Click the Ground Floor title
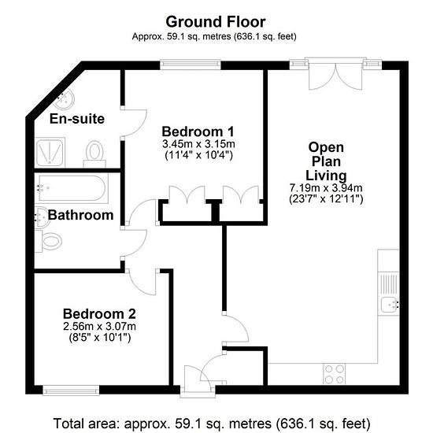216,22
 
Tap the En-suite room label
77,119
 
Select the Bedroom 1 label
198,131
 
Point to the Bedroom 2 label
99,313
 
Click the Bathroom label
80,215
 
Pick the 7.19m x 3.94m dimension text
326,188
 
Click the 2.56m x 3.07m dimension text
99,327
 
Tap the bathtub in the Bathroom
72,188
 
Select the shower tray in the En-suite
50,153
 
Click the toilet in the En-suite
94,154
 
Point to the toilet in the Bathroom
49,242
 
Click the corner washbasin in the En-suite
64,99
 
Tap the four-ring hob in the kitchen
334,374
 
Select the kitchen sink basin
390,305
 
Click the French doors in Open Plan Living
335,74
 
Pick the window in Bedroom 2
71,390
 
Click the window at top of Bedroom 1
191,65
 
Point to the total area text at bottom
212,424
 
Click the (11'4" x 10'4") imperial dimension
199,155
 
